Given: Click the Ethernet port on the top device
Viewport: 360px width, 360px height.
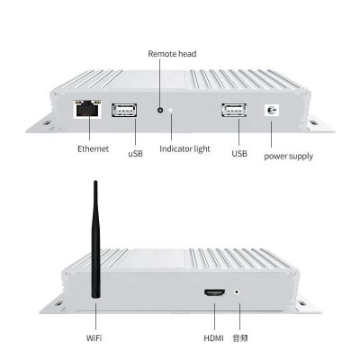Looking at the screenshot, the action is (87, 110).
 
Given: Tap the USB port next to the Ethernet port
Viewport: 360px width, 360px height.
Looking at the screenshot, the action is (124, 110).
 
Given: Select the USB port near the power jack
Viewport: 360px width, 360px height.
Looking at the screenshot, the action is (234, 110).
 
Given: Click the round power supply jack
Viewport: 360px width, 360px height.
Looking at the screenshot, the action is (272, 110).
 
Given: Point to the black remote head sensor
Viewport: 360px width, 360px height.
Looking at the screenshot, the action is (160, 110).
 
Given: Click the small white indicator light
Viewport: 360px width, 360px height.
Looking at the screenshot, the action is (171, 110).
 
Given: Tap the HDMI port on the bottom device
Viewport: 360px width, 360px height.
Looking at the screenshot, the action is (215, 292).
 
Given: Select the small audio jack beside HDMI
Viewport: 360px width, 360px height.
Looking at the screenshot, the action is (238, 292).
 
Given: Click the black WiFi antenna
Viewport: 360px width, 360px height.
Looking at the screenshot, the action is (95, 239).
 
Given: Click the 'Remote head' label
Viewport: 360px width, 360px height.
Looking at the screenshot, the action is (172, 54).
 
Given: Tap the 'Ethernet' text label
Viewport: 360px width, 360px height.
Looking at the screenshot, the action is (93, 148).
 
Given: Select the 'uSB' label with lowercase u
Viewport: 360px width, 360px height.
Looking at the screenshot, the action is (136, 154).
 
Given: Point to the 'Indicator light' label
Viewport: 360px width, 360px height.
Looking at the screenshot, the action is (184, 149).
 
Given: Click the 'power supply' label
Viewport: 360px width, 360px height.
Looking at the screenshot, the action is (289, 157).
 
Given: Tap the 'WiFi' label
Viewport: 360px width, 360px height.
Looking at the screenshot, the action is (94, 338).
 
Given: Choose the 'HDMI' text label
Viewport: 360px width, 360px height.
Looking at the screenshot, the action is (214, 338).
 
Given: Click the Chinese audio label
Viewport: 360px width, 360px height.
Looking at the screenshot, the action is (240, 338).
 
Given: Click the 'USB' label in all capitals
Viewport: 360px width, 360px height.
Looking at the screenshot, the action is (239, 154).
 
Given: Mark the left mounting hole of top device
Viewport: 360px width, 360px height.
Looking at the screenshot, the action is (47, 123).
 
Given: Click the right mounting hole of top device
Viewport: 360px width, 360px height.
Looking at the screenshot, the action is (313, 122).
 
